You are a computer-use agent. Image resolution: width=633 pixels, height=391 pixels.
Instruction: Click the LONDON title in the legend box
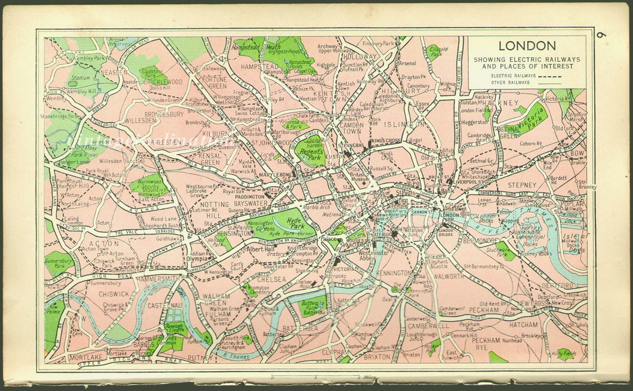click(x=527, y=46)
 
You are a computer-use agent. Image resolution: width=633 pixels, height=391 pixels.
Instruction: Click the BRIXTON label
click(x=377, y=357)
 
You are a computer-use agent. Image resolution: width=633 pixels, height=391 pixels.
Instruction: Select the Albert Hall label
click(x=262, y=249)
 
